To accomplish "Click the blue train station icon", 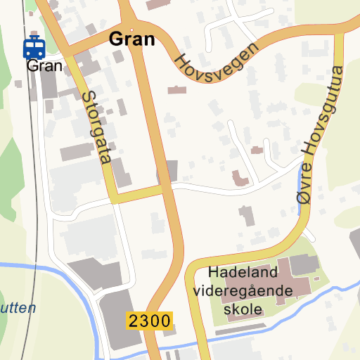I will pyautogui.click(x=34, y=49).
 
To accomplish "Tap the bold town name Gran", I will pyautogui.click(x=131, y=39).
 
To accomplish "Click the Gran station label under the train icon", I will pyautogui.click(x=44, y=66).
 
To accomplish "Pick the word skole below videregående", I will pyautogui.click(x=243, y=309).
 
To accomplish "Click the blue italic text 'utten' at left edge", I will pyautogui.click(x=18, y=308).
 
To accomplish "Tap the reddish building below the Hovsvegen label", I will pyautogui.click(x=177, y=90).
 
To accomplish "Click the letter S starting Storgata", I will pyautogui.click(x=87, y=96).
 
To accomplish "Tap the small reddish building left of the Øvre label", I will pyautogui.click(x=240, y=179).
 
